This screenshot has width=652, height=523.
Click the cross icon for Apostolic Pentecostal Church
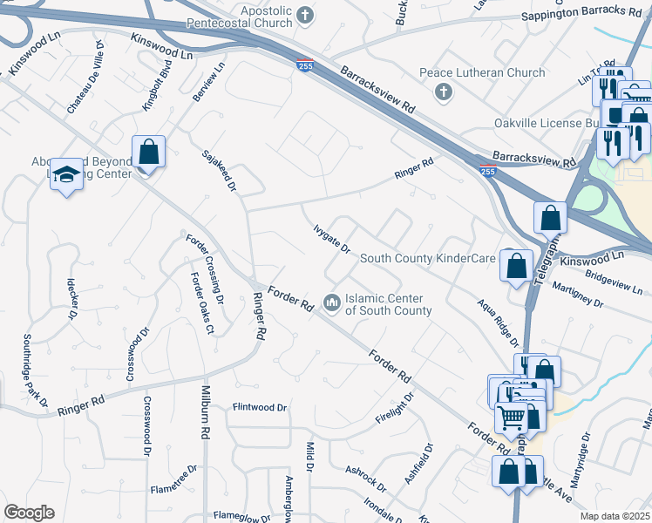point(304,14)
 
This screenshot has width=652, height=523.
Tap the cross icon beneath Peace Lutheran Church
point(443,92)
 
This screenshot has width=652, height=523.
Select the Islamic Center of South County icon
point(331,303)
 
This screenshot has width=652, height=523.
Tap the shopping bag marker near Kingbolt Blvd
point(149,152)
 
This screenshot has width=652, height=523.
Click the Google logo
point(29,512)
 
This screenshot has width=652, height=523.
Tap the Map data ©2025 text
point(615,516)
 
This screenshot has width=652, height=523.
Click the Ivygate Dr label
point(331,238)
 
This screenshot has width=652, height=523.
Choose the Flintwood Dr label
point(259,407)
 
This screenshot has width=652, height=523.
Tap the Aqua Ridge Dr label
point(498,322)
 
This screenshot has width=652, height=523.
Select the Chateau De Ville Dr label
point(85,77)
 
